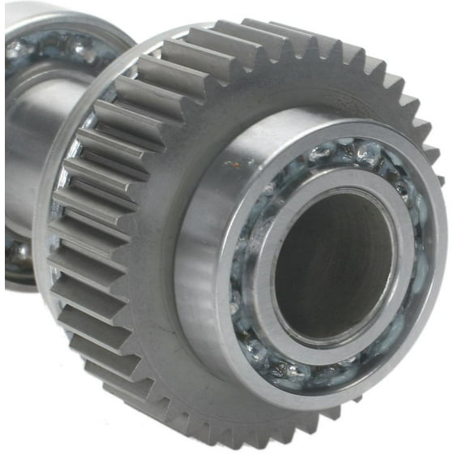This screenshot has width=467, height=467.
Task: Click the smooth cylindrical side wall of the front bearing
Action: (x=199, y=268)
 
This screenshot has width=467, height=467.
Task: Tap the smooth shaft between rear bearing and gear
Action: (x=24, y=146)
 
